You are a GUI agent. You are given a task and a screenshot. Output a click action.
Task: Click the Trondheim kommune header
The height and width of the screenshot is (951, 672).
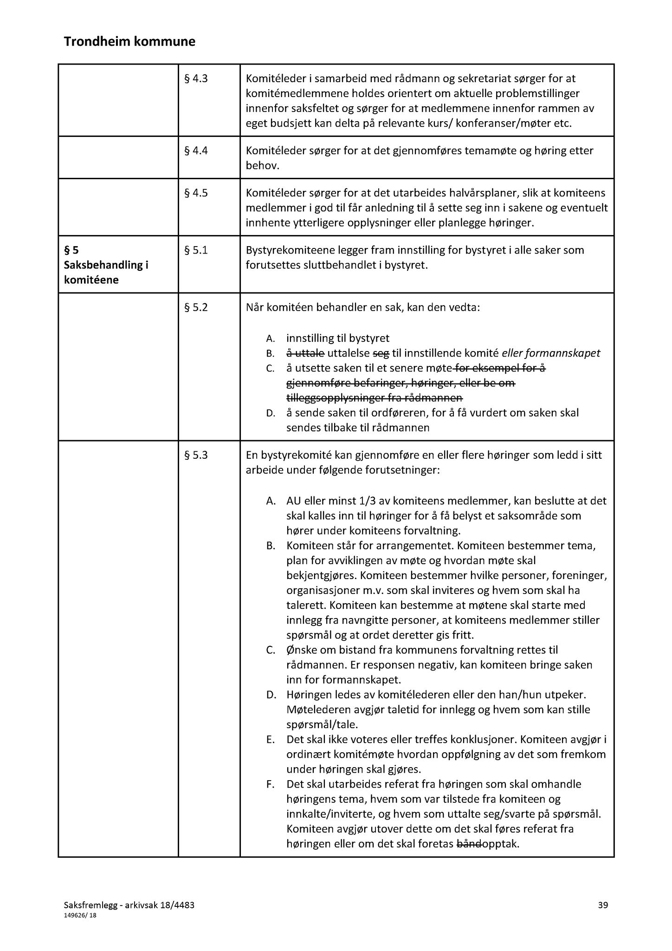pos(129,42)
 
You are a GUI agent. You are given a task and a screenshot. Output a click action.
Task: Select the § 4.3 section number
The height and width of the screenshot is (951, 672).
pos(196,78)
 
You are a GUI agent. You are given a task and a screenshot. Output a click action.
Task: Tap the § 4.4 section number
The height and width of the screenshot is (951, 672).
pos(196,150)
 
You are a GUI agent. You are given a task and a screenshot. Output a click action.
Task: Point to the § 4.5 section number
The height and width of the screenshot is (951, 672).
pos(196,193)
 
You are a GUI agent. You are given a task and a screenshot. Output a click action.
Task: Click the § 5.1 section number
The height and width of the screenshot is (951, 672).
pos(196,250)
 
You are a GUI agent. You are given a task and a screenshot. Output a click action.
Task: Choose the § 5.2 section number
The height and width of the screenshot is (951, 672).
pos(196,307)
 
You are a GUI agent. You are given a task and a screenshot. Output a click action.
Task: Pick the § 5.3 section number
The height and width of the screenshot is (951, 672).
pos(196,455)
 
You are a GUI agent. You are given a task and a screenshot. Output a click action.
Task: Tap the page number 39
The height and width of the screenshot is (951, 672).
pos(603,905)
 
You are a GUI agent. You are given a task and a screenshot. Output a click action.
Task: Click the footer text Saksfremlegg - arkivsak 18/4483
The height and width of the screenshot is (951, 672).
pos(129,905)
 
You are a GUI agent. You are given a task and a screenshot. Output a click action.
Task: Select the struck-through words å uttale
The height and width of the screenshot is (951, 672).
pos(305,353)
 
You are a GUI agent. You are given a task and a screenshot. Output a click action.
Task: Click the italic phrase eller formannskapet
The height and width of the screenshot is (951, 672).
pos(551,353)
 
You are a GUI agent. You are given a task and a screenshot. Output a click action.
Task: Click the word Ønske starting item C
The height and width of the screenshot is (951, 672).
pos(302,650)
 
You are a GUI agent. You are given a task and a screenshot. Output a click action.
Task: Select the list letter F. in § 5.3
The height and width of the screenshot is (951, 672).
pos(271,784)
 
